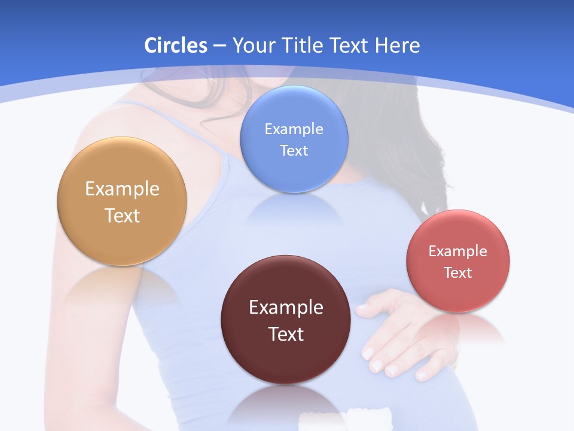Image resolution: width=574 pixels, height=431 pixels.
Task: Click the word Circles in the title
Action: tap(175, 45)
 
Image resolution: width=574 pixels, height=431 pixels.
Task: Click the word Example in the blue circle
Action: tap(294, 129)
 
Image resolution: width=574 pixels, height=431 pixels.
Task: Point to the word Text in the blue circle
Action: tap(294, 150)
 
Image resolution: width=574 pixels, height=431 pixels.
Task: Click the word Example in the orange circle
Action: tap(122, 189)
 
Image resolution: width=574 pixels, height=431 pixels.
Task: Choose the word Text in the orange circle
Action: tap(122, 215)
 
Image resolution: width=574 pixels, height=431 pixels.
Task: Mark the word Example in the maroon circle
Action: tap(286, 308)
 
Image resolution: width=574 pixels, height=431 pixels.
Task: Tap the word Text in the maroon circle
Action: tap(286, 334)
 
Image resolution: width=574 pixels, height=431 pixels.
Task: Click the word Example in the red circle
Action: tap(458, 251)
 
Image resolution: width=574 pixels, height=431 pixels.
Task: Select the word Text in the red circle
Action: tap(458, 273)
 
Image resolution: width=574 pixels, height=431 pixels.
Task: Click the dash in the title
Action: tap(219, 45)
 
